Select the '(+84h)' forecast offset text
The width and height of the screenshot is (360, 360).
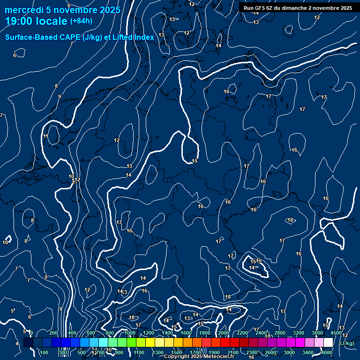point(81,21)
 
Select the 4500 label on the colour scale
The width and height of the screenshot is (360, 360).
point(336,333)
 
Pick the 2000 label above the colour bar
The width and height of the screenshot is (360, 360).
point(224,333)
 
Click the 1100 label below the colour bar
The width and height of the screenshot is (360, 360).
point(139,352)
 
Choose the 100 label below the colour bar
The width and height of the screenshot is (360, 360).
point(45,352)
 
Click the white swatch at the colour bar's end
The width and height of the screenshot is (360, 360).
point(328,343)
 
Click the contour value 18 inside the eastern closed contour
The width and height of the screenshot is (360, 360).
point(291,220)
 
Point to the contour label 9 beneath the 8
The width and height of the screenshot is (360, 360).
point(60,97)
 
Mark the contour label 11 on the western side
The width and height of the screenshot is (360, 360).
point(45,136)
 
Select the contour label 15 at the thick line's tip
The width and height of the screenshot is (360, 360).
point(195,161)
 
